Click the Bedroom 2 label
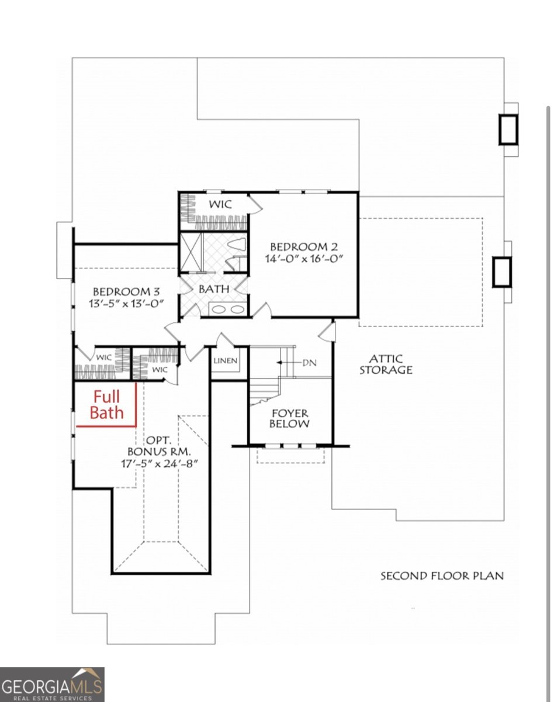[x=304, y=246]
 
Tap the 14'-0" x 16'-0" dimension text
[x=304, y=259]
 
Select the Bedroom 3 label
[x=126, y=291]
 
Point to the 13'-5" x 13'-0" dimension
[x=126, y=304]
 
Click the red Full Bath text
[x=106, y=405]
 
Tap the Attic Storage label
[x=386, y=364]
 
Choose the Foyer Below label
[x=290, y=418]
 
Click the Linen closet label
[x=226, y=361]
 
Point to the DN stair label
[x=309, y=363]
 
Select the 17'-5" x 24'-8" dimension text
[x=160, y=463]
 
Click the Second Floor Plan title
[x=442, y=576]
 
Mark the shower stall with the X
[x=191, y=253]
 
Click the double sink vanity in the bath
[x=227, y=309]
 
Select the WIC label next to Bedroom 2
[x=221, y=205]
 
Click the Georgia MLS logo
[x=52, y=684]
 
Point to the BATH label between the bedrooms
[x=214, y=289]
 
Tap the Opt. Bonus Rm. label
[x=159, y=446]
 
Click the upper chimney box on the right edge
[x=508, y=129]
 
